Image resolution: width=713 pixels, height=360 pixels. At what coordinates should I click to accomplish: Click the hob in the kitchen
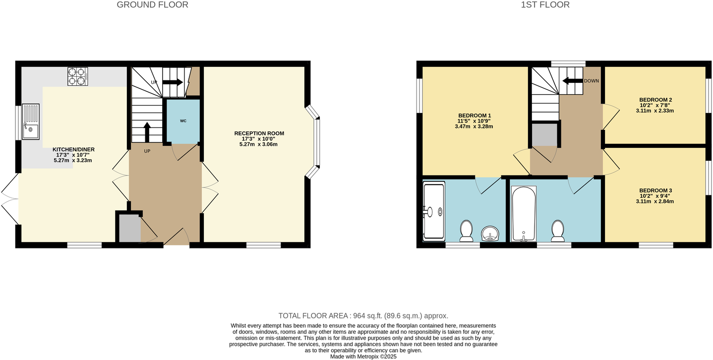pos(77,76)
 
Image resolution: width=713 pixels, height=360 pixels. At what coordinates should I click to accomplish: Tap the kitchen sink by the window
pos(30,122)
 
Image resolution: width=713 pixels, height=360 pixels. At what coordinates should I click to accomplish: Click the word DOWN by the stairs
pos(592,81)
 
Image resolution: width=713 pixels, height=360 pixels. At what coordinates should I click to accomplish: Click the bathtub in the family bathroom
pos(523,213)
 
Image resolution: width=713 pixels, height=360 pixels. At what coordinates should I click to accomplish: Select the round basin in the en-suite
pos(490,233)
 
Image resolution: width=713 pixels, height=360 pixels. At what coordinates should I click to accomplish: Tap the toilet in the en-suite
pos(466,231)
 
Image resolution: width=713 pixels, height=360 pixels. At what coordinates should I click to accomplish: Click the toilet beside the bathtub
pos(557,231)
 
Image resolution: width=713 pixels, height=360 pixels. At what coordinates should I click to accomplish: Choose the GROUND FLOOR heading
pos(152,5)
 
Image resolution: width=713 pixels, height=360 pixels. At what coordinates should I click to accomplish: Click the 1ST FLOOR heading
pos(545,5)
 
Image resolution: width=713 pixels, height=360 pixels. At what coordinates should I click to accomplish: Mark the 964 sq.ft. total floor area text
pos(363,315)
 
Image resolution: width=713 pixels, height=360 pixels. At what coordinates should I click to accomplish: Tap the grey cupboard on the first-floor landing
pos(544,135)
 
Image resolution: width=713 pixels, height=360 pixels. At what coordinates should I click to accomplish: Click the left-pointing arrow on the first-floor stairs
pos(572,81)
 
